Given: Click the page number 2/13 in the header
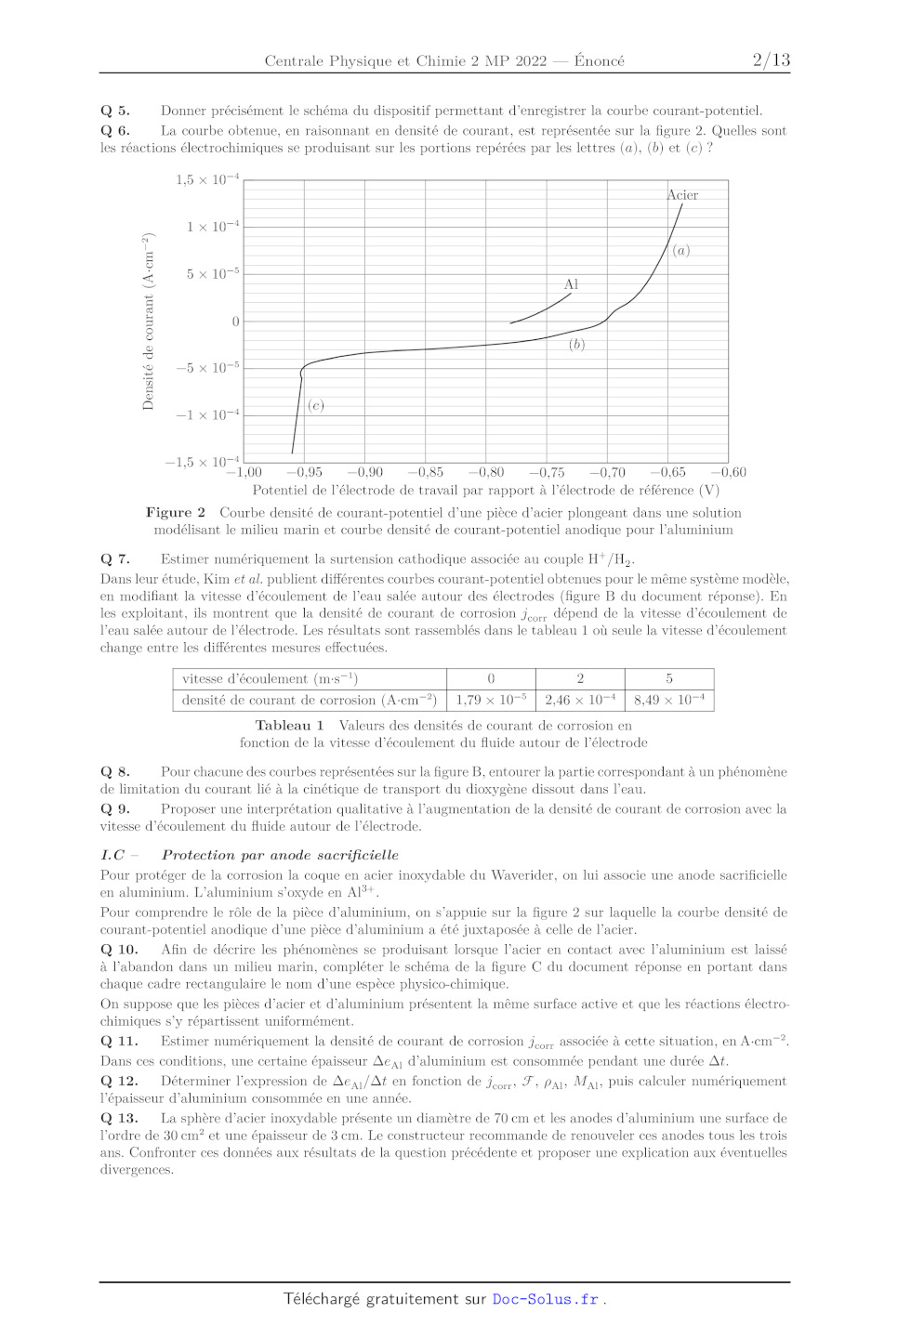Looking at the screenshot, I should coord(771,60).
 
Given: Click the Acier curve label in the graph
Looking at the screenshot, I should coord(682,195).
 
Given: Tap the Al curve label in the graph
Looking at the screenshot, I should coord(571,284).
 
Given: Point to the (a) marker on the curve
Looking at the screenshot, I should coord(681,251).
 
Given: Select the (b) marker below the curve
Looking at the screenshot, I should coord(576,345).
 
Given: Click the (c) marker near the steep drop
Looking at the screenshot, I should coord(316,405).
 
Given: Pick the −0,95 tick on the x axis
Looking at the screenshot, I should coord(304,472).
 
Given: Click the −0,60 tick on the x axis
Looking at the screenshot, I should coord(728,472).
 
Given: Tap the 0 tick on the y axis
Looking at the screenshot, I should coord(235,322).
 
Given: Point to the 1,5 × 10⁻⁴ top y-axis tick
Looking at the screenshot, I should coord(207,179).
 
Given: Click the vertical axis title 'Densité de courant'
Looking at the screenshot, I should coord(148,322).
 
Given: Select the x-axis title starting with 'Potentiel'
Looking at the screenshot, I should coord(485,491).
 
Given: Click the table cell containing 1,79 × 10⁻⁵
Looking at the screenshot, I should coord(491,700).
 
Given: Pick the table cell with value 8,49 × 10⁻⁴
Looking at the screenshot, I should coord(669,700).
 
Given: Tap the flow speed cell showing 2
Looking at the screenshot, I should coord(580,678).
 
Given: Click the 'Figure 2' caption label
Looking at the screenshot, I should coord(175,513).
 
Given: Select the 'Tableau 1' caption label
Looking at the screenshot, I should coord(289,726).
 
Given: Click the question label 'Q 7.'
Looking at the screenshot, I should coord(115,559).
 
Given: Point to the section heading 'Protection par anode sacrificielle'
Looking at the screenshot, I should coord(280,855).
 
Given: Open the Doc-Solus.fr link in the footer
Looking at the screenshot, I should coord(545,1299).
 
